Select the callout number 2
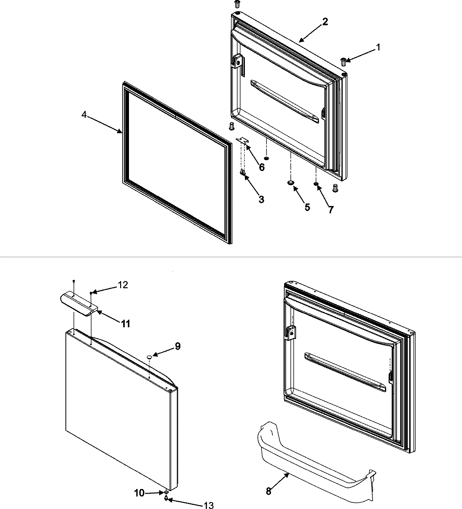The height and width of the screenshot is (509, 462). pos(325,22)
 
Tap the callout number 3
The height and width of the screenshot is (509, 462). pos(261,199)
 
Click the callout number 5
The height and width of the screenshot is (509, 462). pos(307,207)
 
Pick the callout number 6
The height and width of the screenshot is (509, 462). pos(261,167)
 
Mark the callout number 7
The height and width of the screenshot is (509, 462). pos(331,209)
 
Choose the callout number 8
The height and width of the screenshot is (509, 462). pos(268,491)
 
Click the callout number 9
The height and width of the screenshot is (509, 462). pos(177,346)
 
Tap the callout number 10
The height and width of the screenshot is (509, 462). pos(139,493)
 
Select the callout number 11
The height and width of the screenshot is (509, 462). pos(126,324)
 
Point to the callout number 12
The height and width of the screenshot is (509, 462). pos(123,285)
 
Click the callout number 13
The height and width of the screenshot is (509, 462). pos(208,505)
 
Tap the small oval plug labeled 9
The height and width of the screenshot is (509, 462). pos(149,358)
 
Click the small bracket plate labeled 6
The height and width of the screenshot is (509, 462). pos(242,141)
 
